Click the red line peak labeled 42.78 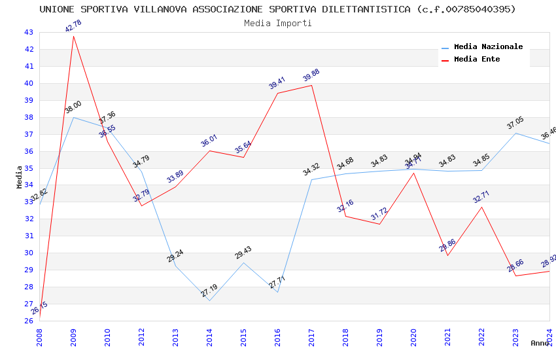(x=73, y=36)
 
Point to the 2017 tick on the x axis (x=311, y=333)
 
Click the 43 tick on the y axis (x=29, y=32)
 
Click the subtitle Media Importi (x=278, y=23)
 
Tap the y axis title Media (x=20, y=177)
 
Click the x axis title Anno (x=540, y=343)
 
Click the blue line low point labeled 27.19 (x=209, y=300)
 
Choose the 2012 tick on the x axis (x=141, y=333)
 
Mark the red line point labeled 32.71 (x=481, y=207)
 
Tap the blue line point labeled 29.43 (x=243, y=262)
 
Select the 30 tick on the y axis (x=29, y=253)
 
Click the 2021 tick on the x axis (x=447, y=333)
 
